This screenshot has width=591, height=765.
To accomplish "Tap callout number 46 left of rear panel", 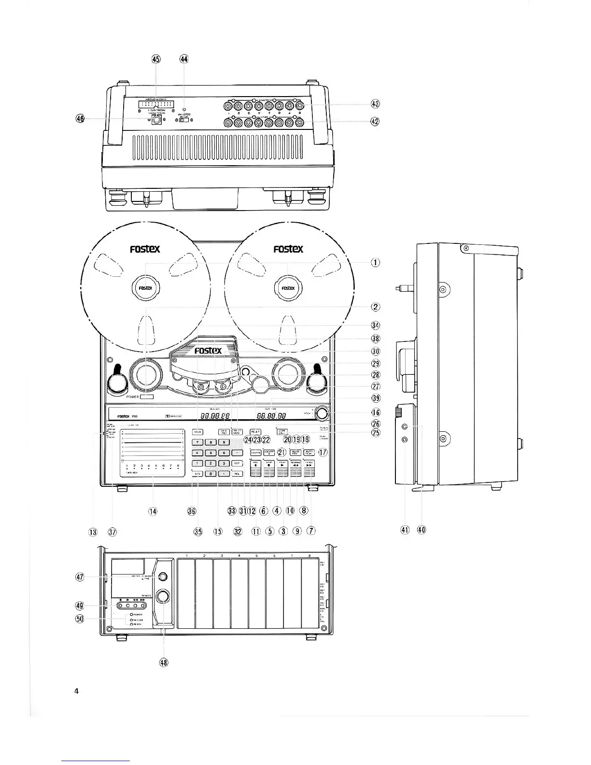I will point(80,118).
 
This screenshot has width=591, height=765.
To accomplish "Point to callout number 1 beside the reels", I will point(375,262).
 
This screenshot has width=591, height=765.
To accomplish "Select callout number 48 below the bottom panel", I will point(164,662).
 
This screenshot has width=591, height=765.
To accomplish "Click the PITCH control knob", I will point(323,413).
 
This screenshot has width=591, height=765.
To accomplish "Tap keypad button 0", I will point(211,474).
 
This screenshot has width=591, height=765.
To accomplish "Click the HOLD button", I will point(197,432).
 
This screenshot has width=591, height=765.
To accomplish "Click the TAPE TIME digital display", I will point(271,415).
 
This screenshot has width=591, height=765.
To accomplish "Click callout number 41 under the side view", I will point(405,530).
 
